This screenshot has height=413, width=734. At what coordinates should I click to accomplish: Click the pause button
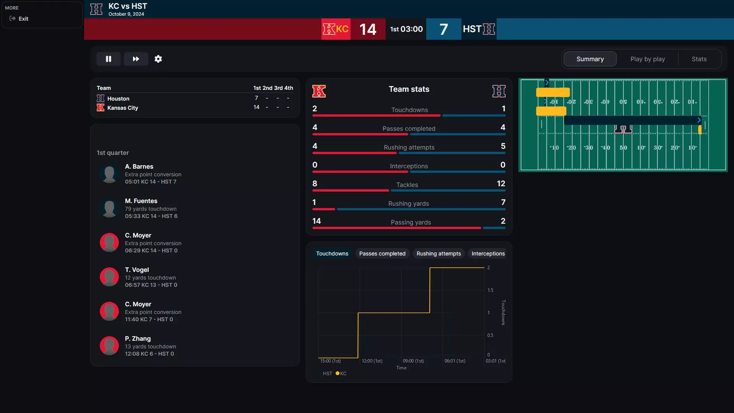pyautogui.click(x=109, y=59)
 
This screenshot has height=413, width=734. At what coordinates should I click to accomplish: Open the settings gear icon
pyautogui.click(x=158, y=59)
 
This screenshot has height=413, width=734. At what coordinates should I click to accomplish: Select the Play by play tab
pyautogui.click(x=648, y=59)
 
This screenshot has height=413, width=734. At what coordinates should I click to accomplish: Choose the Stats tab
pyautogui.click(x=699, y=59)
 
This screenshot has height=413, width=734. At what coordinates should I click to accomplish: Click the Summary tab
pyautogui.click(x=590, y=59)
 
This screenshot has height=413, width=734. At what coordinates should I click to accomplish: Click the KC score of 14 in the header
pyautogui.click(x=368, y=29)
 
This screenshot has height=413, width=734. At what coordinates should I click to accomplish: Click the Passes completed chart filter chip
pyautogui.click(x=382, y=254)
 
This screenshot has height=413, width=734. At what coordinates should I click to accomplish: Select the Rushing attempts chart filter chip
pyautogui.click(x=438, y=254)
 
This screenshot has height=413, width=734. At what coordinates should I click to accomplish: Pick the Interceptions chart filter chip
pyautogui.click(x=488, y=254)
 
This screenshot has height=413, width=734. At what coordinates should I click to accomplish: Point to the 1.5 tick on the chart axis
pyautogui.click(x=490, y=290)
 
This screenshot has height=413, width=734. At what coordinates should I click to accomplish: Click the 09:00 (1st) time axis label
pyautogui.click(x=413, y=361)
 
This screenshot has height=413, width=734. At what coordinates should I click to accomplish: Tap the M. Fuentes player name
pyautogui.click(x=141, y=201)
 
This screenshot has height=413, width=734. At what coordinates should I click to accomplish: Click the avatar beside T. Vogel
pyautogui.click(x=109, y=277)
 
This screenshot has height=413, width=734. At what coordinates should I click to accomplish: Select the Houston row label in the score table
pyautogui.click(x=118, y=99)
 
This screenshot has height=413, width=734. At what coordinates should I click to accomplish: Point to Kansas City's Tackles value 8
pyautogui.click(x=315, y=184)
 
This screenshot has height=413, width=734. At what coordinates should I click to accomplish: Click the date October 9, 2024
pyautogui.click(x=126, y=14)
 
